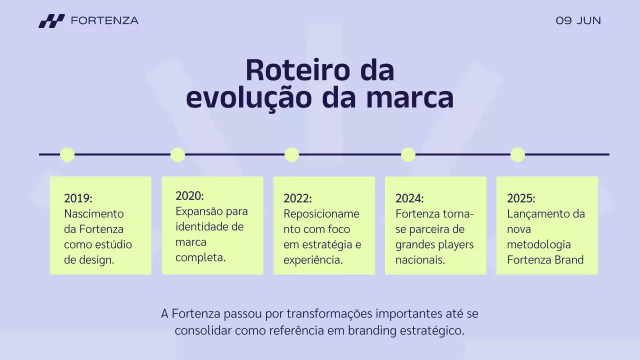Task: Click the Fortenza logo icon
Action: coord(51,21)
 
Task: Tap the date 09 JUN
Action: coord(578,21)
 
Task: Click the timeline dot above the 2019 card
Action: coord(67,154)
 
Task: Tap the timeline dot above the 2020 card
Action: coord(177,154)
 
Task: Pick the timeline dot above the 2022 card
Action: coord(291,154)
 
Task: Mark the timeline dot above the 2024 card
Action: coord(408,154)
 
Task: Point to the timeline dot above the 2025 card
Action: coord(517,154)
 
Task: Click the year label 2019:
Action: coord(78,198)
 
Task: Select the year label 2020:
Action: coord(189,196)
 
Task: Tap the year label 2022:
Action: coord(297,198)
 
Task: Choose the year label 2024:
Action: coord(409,198)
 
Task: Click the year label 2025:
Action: coord(521,198)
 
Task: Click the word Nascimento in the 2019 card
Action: coord(93,214)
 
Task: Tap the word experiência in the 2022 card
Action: coord(313,260)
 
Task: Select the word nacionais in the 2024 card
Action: coord(420,260)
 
